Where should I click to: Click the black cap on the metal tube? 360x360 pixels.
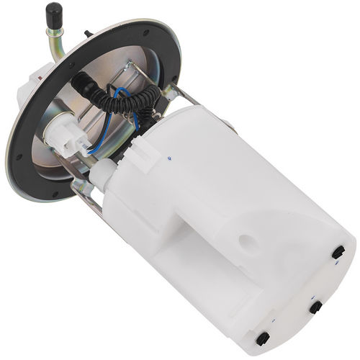[53, 12]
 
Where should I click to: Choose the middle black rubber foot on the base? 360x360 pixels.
[315, 307]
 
